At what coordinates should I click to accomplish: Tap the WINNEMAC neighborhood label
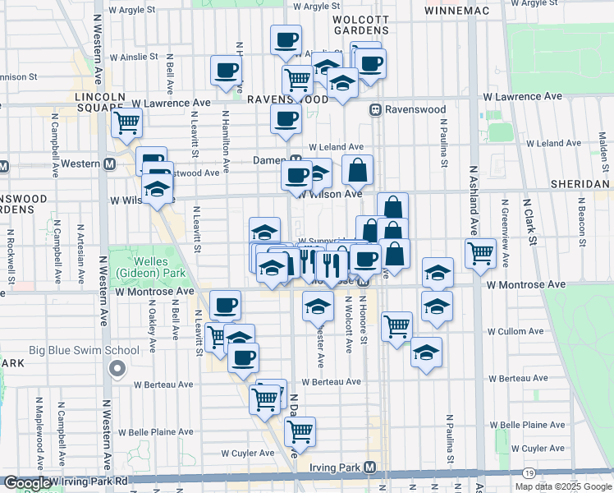click(457, 11)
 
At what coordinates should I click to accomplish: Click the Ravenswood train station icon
click(374, 109)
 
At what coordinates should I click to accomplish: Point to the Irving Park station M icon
click(370, 468)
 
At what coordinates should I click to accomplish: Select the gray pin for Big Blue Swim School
click(117, 369)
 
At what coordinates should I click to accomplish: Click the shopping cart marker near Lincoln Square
click(126, 123)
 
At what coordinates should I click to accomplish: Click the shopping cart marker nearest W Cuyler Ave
click(300, 431)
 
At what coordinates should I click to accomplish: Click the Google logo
click(26, 483)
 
